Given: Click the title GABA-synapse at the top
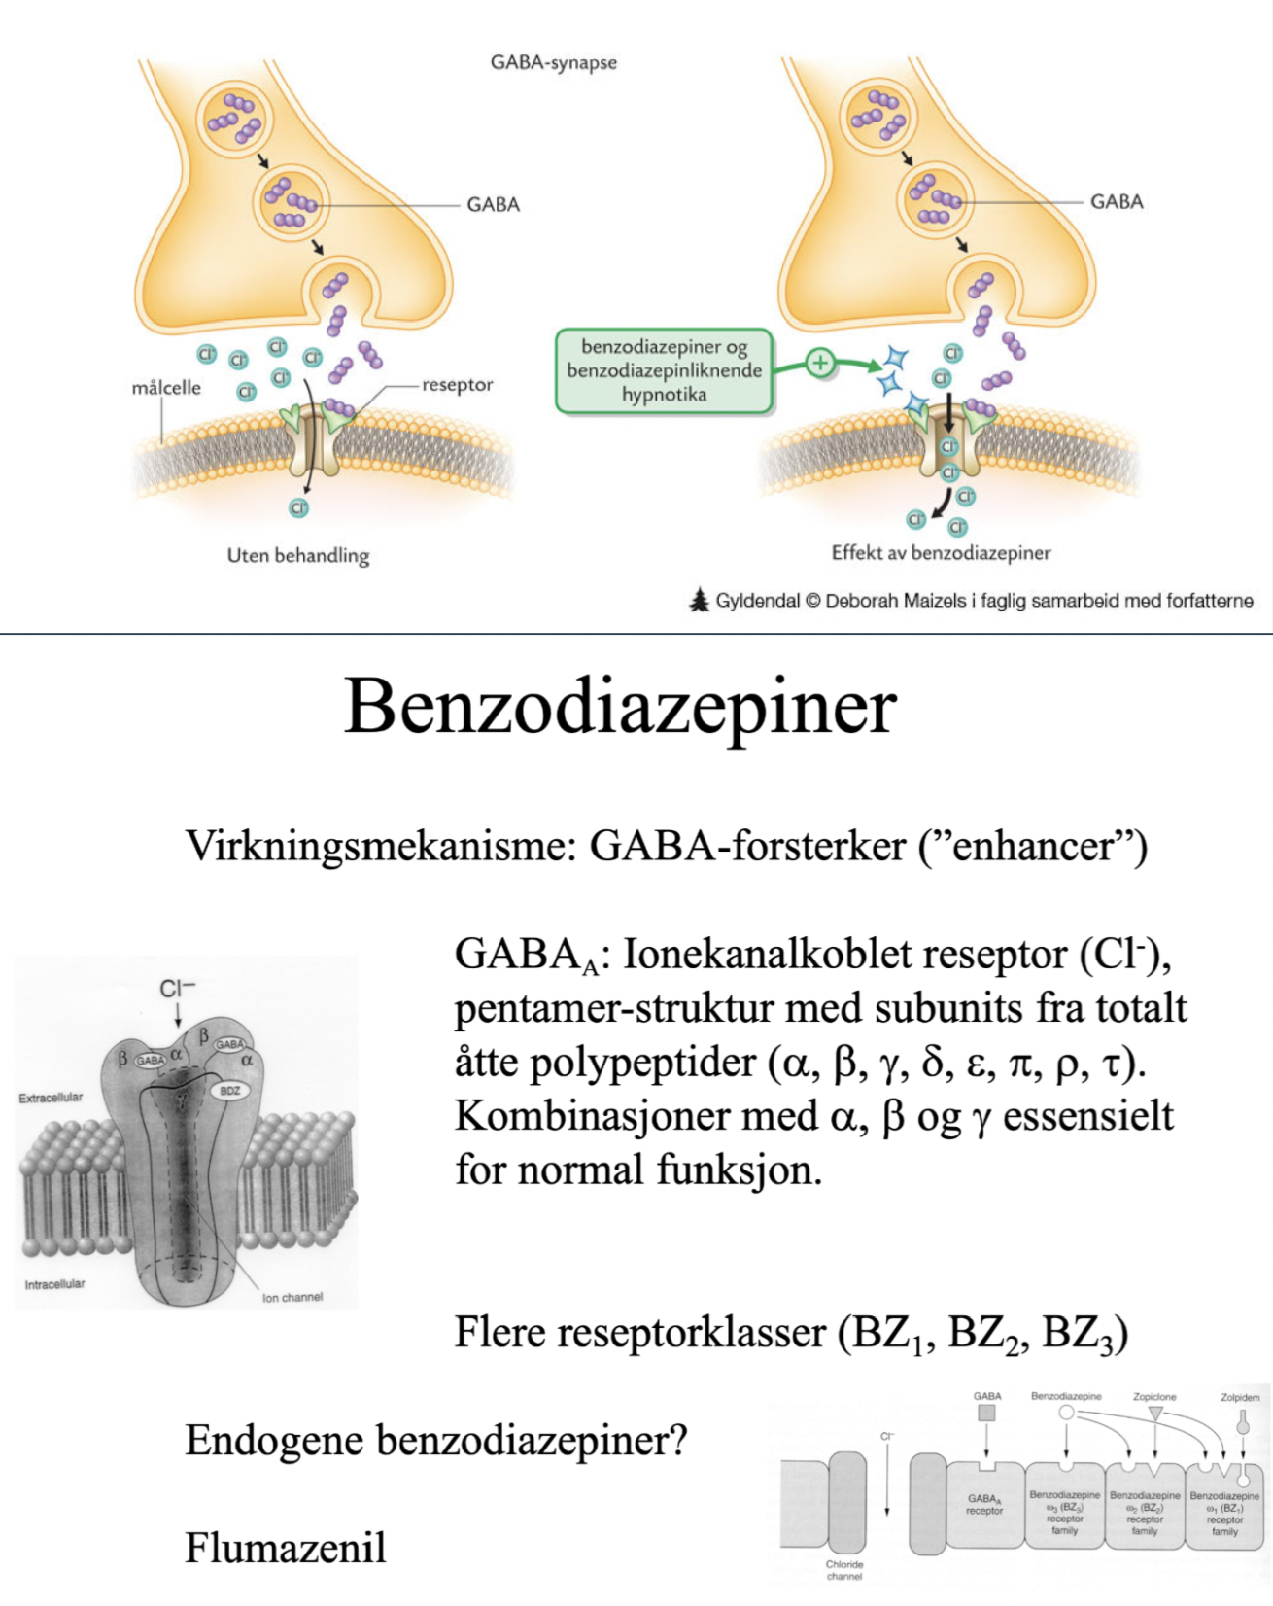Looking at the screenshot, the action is tap(553, 62).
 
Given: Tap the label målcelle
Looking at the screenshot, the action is tap(166, 387).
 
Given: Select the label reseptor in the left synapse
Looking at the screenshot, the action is tap(457, 384).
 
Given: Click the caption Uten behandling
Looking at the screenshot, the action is tap(298, 555).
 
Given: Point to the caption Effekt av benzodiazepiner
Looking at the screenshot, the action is tap(941, 552).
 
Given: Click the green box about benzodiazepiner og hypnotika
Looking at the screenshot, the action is tap(665, 370).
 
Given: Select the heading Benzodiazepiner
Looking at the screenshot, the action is tap(620, 707).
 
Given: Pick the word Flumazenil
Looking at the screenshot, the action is tap(286, 1547).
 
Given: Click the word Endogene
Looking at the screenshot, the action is tap(275, 1439).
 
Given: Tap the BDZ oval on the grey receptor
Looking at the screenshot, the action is tap(229, 1091).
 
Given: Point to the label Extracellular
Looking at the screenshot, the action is tap(51, 1098).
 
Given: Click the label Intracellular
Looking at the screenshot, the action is tap(54, 1284).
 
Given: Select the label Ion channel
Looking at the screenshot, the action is tap(292, 1297).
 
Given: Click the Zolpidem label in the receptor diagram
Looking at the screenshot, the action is tap(1240, 1397).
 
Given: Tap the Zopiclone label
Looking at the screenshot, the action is tap(1154, 1397).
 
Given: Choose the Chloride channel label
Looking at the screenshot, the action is tap(844, 1570).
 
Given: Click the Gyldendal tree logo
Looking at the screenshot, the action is tap(699, 601).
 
